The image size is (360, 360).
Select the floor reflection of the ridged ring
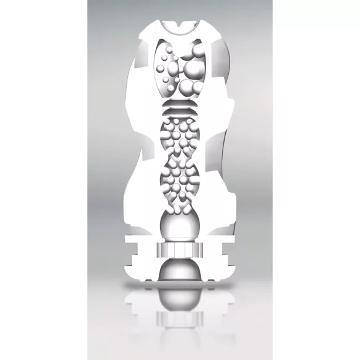coord(179,319)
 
